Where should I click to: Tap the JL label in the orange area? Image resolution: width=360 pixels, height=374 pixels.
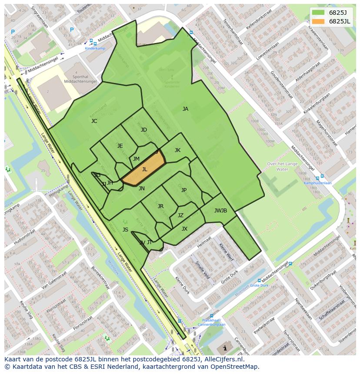(145, 169)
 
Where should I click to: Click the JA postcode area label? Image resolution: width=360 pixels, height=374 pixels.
(185, 109)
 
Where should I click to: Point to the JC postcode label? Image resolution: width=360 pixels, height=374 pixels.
(94, 121)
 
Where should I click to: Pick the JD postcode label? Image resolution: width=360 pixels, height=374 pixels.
(144, 130)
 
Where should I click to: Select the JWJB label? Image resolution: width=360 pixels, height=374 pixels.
(220, 211)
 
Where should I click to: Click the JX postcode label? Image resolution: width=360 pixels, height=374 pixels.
(184, 229)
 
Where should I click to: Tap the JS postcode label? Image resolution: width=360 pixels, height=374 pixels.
(125, 230)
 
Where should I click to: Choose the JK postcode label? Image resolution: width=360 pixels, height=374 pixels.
(177, 150)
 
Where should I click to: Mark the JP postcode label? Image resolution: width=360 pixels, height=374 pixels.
(184, 190)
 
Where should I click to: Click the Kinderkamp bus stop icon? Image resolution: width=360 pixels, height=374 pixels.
(91, 42)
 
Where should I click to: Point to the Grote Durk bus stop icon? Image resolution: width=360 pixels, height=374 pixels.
(260, 281)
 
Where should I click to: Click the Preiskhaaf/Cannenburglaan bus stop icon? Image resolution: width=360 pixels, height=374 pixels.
(211, 317)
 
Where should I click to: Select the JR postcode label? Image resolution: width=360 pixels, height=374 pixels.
(160, 206)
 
